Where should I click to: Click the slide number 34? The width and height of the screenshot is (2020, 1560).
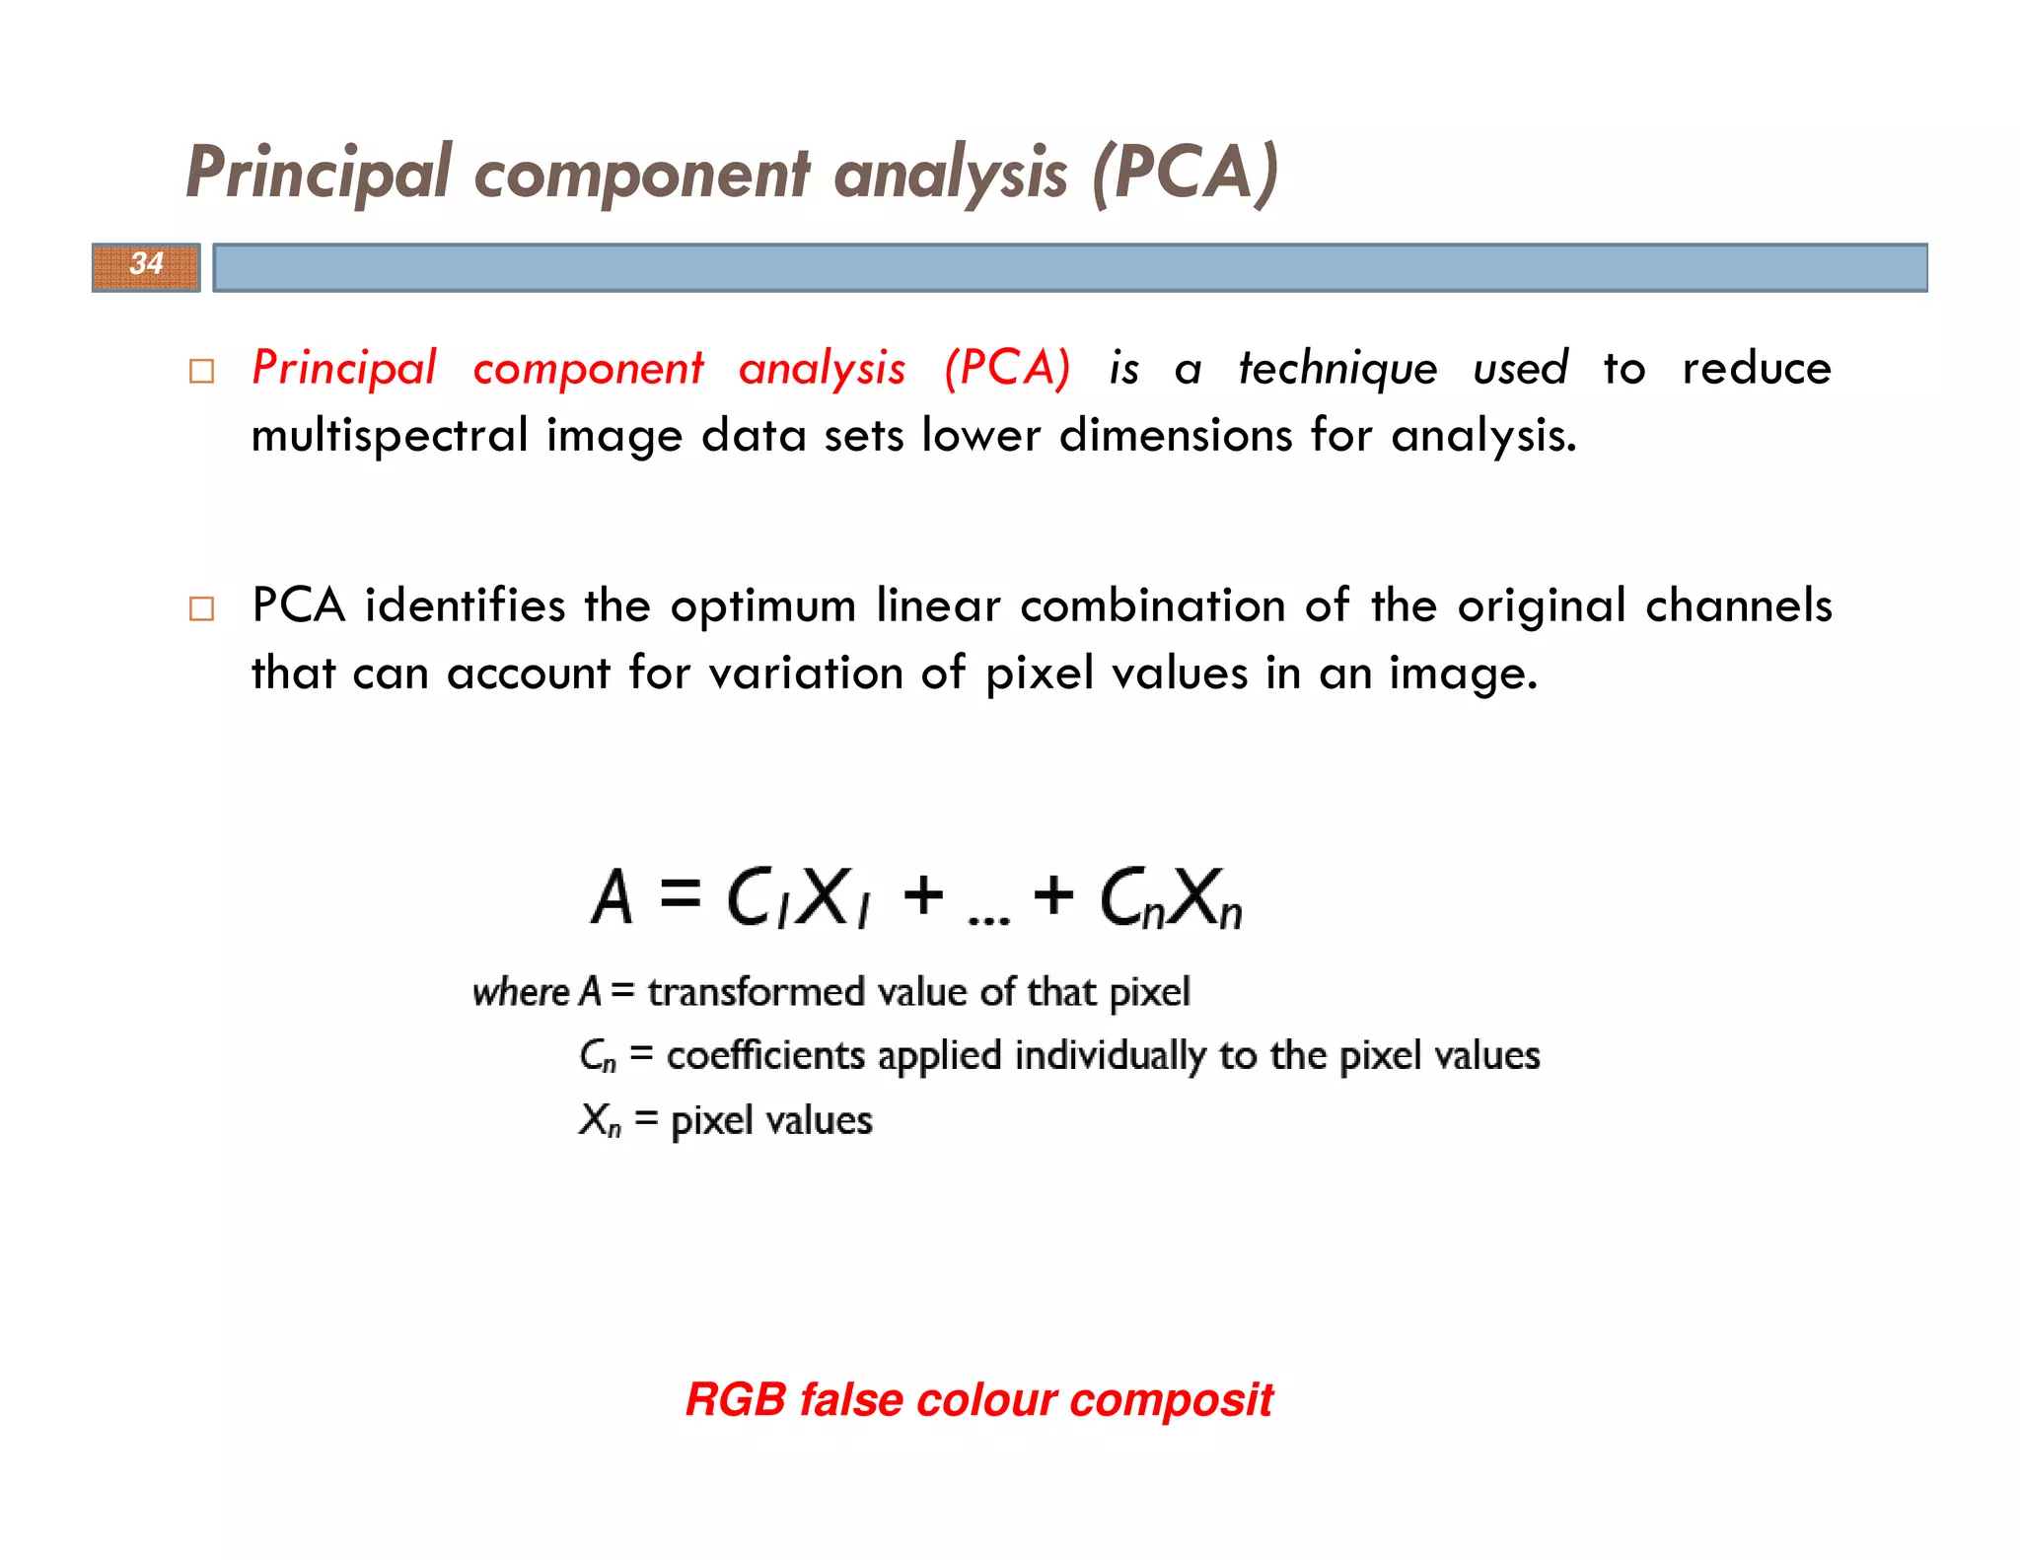click(x=146, y=264)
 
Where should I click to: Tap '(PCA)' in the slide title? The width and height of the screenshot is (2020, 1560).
click(x=1185, y=174)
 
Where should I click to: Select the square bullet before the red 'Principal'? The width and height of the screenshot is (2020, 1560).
click(x=201, y=371)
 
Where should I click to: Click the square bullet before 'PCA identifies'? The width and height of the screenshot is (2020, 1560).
click(x=201, y=608)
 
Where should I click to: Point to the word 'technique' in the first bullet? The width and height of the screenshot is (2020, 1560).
click(x=1337, y=370)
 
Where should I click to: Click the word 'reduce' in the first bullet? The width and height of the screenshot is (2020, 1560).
click(x=1757, y=368)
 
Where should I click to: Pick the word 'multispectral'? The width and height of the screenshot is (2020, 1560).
click(x=390, y=436)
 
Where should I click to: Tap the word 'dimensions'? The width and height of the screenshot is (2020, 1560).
click(x=1176, y=434)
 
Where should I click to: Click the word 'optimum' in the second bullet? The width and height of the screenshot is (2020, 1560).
click(x=762, y=605)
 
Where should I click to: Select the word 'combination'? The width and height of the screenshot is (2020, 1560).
click(x=1152, y=605)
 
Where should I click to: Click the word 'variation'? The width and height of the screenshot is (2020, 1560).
click(x=806, y=674)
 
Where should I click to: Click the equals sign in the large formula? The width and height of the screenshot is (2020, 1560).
click(x=680, y=894)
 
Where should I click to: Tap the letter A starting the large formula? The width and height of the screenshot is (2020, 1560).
click(x=612, y=896)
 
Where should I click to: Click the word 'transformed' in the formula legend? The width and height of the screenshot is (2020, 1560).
click(x=756, y=992)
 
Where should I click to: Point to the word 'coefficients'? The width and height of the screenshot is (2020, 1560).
click(x=765, y=1056)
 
